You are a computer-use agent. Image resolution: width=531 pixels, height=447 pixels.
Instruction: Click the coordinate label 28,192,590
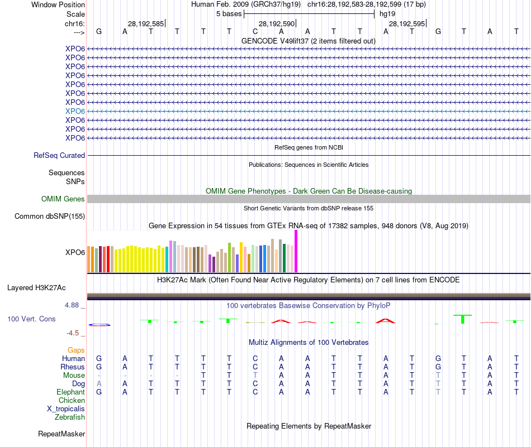click(276, 24)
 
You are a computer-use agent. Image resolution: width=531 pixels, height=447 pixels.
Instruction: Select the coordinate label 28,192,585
click(146, 24)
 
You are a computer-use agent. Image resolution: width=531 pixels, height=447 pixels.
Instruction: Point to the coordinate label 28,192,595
click(406, 24)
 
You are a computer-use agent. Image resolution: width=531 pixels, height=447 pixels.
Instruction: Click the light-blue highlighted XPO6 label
click(75, 111)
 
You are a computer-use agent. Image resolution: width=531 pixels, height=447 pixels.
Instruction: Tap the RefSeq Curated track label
click(59, 156)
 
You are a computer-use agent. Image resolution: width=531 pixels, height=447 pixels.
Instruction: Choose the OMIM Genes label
click(63, 199)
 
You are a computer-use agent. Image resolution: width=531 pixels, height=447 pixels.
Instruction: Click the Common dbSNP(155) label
click(50, 217)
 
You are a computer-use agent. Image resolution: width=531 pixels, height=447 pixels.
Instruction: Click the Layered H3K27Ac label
click(36, 289)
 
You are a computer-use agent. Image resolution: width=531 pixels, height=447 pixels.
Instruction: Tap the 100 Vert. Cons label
click(31, 319)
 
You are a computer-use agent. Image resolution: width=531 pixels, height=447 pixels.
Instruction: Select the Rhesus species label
click(73, 367)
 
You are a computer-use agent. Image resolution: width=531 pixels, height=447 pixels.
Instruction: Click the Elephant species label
click(70, 392)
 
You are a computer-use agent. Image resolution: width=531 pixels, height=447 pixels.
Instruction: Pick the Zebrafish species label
click(70, 417)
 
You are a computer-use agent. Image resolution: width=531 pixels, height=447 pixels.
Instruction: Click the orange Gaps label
click(76, 350)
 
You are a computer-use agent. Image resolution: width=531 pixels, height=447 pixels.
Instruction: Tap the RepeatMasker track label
click(61, 434)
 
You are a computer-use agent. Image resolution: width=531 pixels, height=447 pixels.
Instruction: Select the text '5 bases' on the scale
click(229, 13)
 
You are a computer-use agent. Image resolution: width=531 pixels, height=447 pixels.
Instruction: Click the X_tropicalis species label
click(66, 409)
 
